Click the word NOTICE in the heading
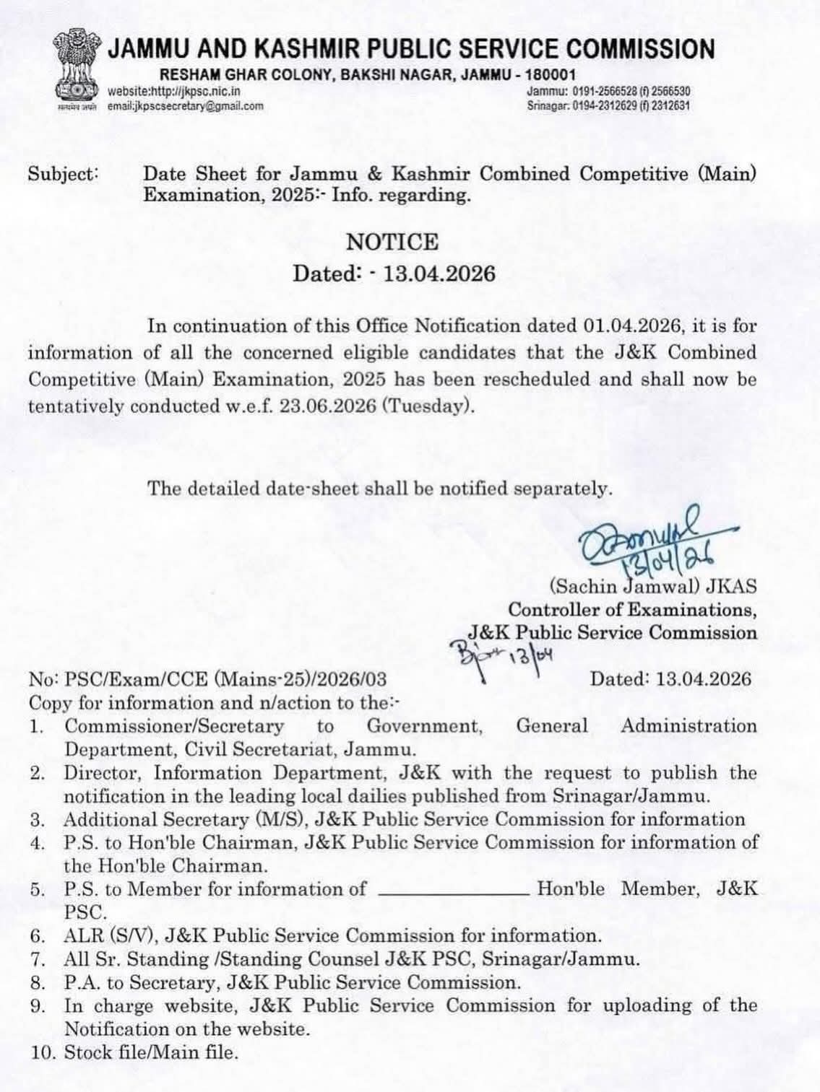tap(392, 242)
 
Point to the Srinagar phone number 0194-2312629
tap(609, 105)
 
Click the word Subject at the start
tap(62, 175)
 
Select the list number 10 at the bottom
tap(39, 1052)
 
